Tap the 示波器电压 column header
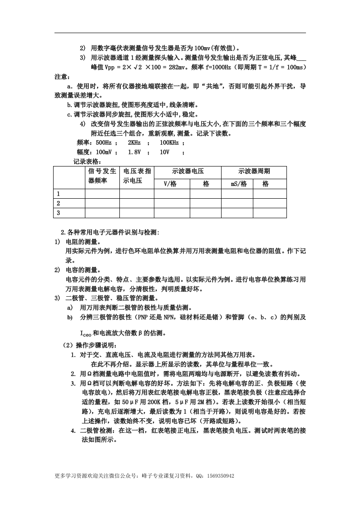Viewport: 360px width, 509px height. [x=187, y=171]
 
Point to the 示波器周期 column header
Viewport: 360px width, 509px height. [x=254, y=171]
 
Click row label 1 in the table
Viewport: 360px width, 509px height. [x=58, y=194]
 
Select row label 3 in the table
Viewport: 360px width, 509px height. [x=58, y=213]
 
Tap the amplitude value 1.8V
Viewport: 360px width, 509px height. [x=134, y=152]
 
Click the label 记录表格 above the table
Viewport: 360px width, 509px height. [x=87, y=162]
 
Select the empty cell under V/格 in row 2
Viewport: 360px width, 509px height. [x=172, y=203]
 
